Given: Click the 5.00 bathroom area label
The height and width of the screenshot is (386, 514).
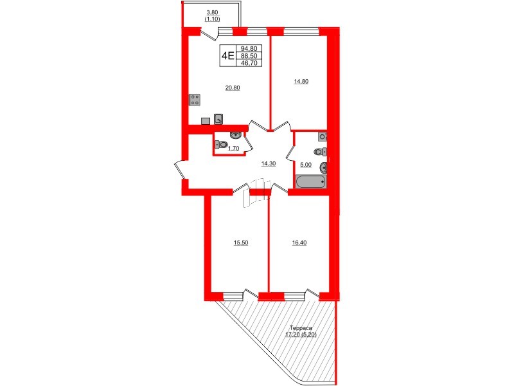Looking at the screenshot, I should pyautogui.click(x=306, y=164).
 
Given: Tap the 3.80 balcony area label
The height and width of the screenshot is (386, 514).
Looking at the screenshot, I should pyautogui.click(x=212, y=12).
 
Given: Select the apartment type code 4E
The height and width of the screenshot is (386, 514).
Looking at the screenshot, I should pyautogui.click(x=227, y=55).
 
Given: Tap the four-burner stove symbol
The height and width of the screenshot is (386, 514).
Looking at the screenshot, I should pyautogui.click(x=195, y=99).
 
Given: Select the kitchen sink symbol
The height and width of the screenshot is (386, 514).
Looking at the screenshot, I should pyautogui.click(x=219, y=118).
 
